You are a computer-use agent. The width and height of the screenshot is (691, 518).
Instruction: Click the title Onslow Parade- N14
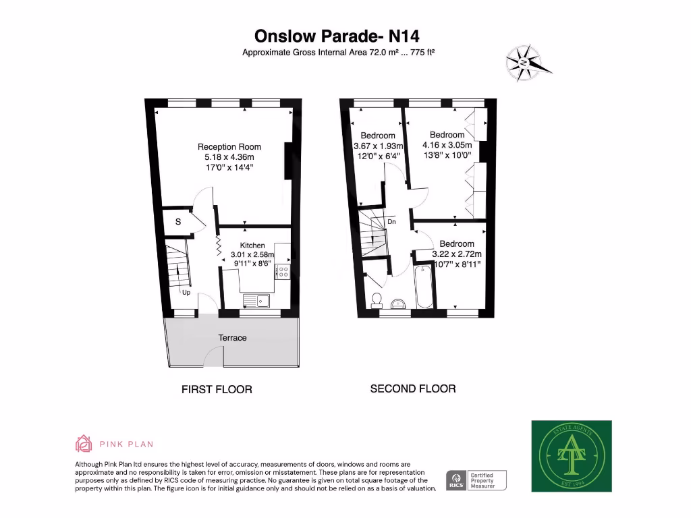coord(341,35)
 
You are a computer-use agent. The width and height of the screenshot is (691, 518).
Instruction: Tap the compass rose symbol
coord(526,63)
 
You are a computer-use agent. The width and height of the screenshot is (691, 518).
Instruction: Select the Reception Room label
coord(229,146)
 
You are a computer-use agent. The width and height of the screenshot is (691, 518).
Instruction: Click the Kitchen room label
coord(252,246)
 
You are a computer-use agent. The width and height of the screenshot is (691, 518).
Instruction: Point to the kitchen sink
coord(256,301)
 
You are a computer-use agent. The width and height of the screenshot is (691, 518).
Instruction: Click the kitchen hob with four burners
coord(283,272)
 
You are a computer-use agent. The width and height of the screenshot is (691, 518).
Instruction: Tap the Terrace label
coord(231,337)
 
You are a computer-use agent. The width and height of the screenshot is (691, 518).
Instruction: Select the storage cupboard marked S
coord(178,222)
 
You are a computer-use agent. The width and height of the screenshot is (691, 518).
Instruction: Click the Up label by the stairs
coord(186,293)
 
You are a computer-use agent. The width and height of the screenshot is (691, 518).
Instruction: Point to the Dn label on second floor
coord(391,222)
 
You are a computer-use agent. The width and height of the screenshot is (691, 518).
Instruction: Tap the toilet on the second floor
coord(376,299)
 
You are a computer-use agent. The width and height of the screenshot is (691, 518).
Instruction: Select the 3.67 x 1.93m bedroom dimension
coord(378,146)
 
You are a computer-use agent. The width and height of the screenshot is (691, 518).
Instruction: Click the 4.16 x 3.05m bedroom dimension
coord(447,145)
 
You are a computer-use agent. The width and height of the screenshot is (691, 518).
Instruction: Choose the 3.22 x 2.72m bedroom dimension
coord(457,254)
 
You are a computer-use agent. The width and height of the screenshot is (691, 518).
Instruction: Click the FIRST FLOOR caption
coord(217,389)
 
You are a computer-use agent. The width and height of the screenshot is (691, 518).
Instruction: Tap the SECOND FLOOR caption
coord(412,388)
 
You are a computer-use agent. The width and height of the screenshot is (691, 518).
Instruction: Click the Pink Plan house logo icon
coord(83,443)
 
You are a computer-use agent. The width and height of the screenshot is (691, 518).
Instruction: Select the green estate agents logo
coord(571,456)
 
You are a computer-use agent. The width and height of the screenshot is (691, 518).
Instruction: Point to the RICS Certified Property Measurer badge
coord(476,480)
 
